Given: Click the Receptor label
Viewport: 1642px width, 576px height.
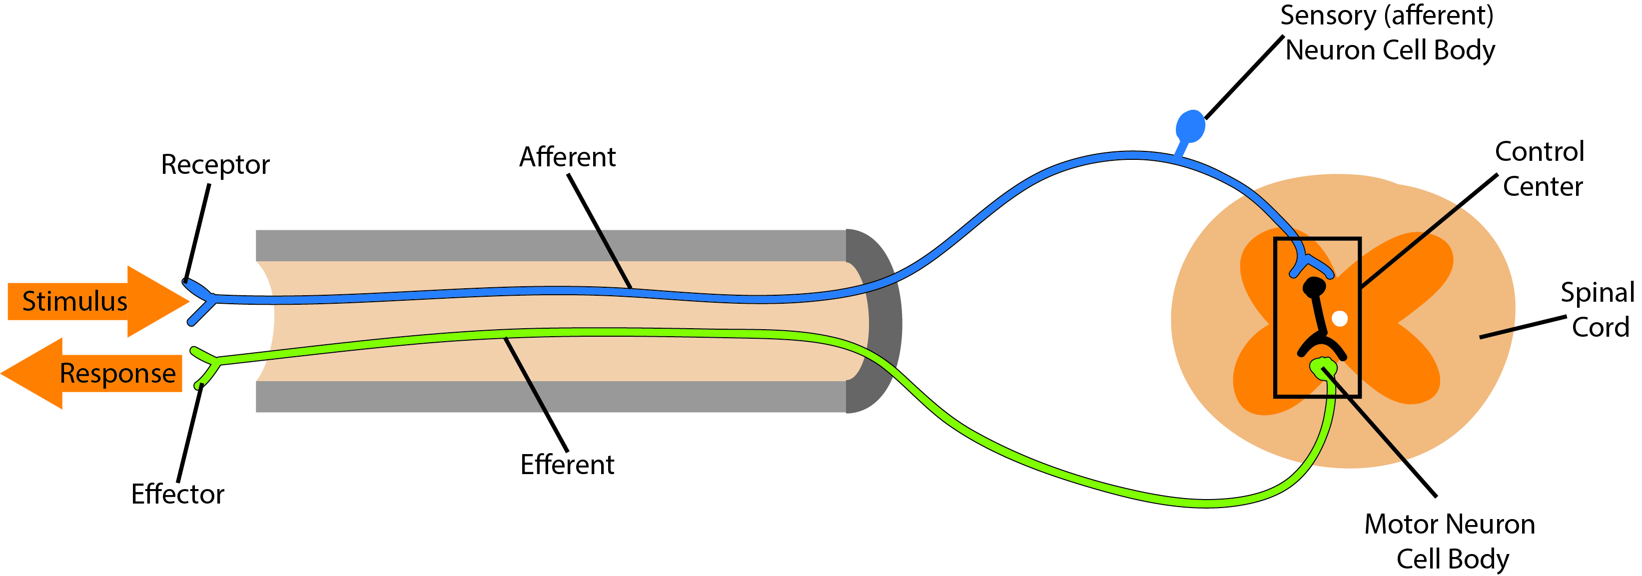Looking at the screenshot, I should (215, 165).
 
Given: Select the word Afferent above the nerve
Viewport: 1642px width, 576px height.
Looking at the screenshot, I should (567, 157).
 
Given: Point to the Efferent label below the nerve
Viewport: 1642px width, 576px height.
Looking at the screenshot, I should (567, 465).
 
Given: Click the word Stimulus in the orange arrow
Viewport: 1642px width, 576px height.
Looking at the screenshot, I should (74, 301).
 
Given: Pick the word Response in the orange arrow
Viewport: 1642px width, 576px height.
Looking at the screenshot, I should (117, 373).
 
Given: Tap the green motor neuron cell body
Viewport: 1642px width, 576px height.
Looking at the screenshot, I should (1323, 367).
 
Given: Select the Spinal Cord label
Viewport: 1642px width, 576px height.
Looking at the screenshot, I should (1599, 310).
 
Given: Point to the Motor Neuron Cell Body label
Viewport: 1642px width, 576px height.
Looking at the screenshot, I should (1450, 542).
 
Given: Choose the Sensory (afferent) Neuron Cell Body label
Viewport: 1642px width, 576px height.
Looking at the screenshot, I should (1388, 33).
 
